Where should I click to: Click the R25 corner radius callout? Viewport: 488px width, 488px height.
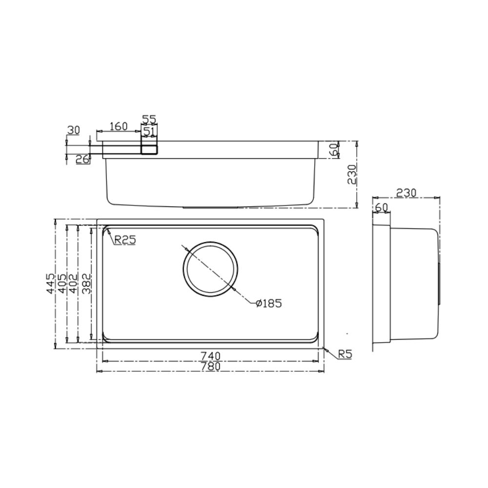coord(125,240)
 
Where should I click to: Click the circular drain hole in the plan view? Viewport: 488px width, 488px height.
coord(211,269)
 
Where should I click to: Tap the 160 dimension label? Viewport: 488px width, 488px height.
coord(118,126)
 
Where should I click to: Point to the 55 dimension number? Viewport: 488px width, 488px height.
coord(149,119)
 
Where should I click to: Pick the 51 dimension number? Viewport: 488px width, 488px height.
coord(149,131)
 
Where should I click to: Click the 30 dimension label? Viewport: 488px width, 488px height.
coord(73,130)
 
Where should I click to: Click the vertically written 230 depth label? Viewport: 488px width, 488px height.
coord(352,175)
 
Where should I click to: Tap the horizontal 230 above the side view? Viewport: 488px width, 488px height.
coord(406,193)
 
